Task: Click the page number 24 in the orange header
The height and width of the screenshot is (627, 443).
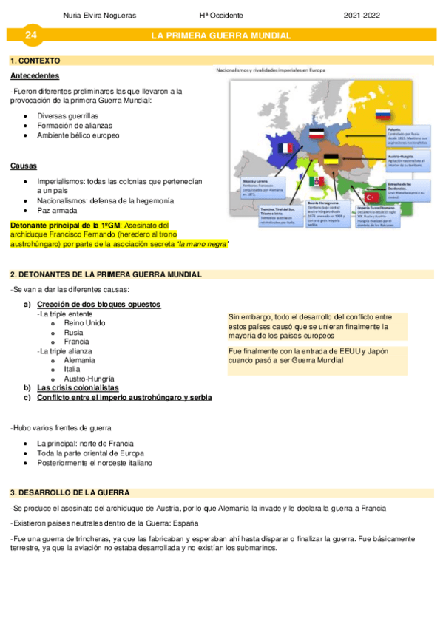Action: (x=30, y=35)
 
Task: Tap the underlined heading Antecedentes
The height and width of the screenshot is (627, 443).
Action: (x=35, y=76)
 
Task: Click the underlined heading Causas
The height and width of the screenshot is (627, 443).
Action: (x=24, y=166)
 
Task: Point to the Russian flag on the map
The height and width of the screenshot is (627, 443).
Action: (x=383, y=115)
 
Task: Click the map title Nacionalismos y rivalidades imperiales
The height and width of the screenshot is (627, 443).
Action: (x=271, y=70)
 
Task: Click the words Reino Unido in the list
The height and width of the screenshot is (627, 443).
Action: (x=84, y=323)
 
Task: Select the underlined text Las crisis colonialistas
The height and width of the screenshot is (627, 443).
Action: (x=78, y=387)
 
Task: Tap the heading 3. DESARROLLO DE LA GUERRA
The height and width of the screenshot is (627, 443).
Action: (x=70, y=492)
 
